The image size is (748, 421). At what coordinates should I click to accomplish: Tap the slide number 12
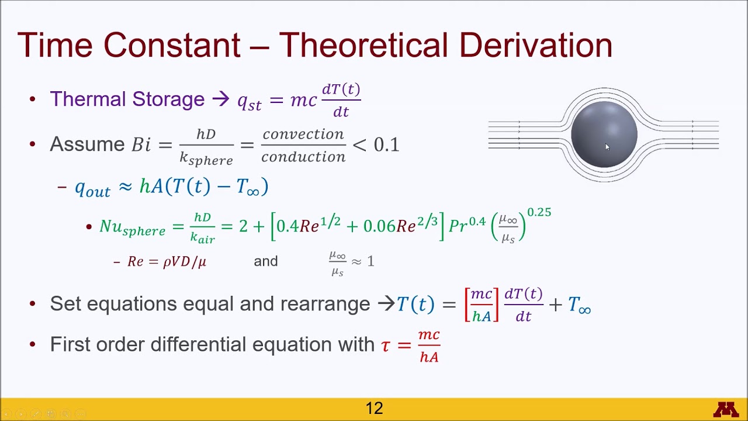point(374,408)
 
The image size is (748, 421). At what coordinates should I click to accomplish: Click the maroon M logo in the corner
point(726,409)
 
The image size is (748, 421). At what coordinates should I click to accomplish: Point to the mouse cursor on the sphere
point(607,147)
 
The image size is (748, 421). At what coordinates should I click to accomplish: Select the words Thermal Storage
point(127,99)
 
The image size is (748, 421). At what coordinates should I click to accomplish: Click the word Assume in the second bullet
point(87,144)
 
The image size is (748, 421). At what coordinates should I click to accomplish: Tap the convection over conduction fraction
point(303,145)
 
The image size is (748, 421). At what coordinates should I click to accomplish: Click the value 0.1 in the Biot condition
point(386,144)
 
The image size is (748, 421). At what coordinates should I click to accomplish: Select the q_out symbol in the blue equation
point(92,188)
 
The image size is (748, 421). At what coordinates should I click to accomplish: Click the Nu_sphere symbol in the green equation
point(132,227)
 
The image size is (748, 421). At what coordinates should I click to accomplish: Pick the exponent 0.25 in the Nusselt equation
point(539,212)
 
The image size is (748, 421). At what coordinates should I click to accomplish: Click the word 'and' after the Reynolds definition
point(265,261)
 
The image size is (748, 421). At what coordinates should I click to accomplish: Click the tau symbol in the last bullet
point(385,346)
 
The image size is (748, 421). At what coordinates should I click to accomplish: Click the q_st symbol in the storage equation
point(249,101)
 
